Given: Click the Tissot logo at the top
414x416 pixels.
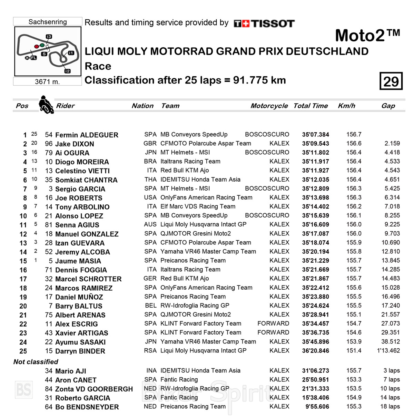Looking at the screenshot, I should [x=264, y=23].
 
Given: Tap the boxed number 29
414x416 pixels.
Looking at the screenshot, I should [x=391, y=81].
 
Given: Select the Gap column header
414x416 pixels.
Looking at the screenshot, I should [x=388, y=106].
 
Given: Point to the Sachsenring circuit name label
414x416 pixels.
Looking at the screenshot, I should [x=48, y=22].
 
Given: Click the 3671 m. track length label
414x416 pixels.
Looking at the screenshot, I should [x=47, y=82].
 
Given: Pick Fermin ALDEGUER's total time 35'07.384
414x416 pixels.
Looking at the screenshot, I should [x=315, y=135].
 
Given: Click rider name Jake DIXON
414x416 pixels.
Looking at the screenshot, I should [x=75, y=144].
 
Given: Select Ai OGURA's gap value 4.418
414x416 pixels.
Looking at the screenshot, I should [x=392, y=153].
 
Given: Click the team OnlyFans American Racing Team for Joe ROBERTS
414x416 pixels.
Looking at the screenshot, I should [x=206, y=197].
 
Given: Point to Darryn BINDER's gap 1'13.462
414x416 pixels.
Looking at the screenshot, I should [x=388, y=351].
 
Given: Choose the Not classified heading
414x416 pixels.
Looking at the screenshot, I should [x=36, y=362].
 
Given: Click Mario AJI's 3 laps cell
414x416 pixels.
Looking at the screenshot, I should [x=392, y=371].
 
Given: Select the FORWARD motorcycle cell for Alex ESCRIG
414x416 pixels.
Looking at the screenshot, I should [x=273, y=323].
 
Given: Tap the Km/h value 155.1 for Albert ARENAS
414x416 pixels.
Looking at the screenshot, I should [x=354, y=315].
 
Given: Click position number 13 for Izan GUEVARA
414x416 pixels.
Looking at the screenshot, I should [x=23, y=243].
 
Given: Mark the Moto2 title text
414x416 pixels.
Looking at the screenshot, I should [x=367, y=36].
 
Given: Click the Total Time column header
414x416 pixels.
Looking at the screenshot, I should [x=310, y=106].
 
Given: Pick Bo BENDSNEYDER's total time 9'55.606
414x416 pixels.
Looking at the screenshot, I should [x=317, y=407].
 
